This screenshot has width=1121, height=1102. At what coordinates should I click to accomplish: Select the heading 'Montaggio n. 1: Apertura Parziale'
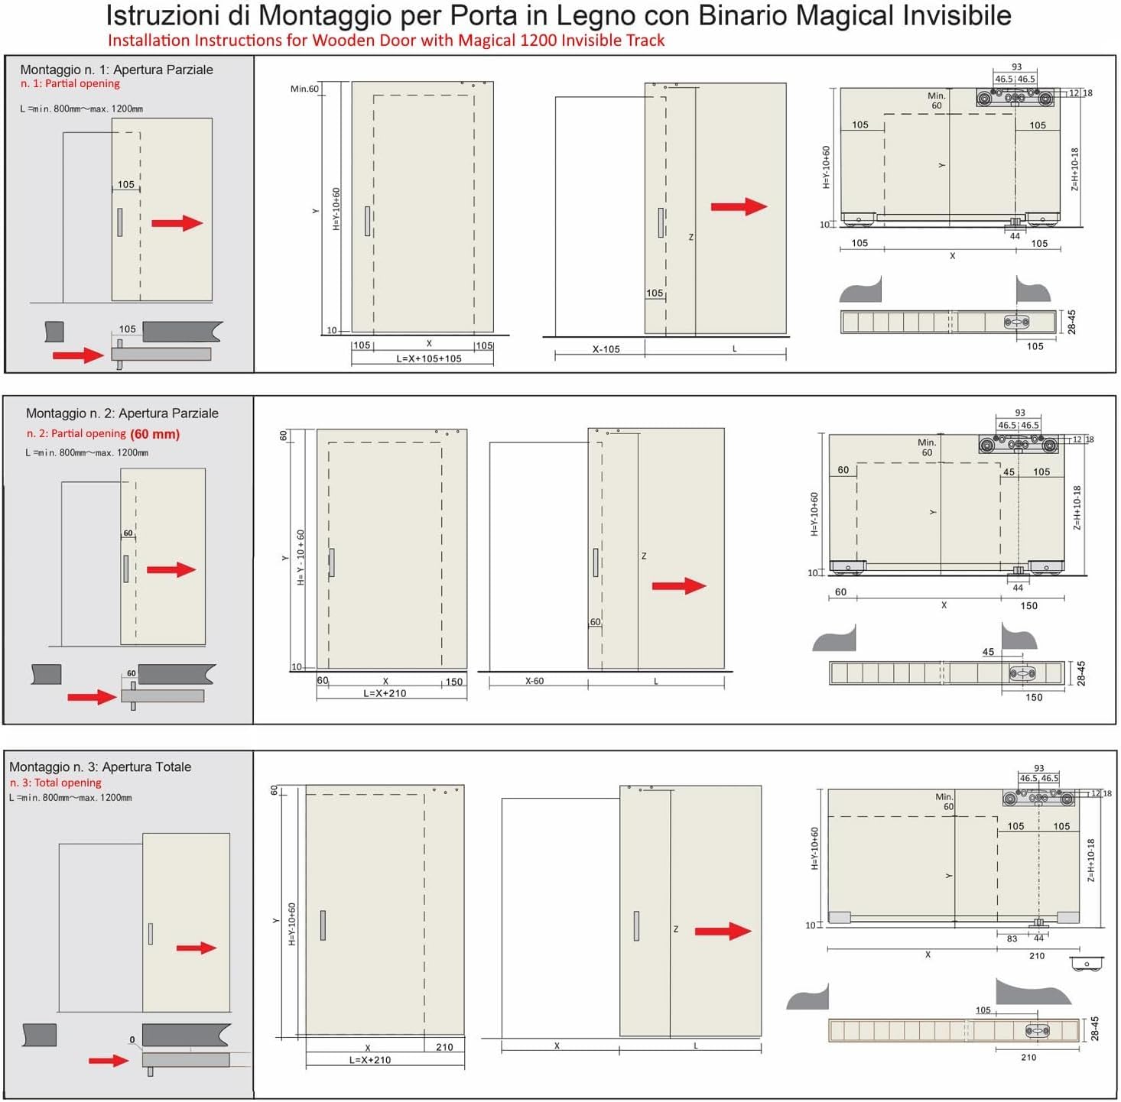click(116, 70)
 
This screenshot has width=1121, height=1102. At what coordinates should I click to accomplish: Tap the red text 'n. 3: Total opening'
click(55, 783)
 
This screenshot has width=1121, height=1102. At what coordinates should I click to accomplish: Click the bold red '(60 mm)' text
click(154, 434)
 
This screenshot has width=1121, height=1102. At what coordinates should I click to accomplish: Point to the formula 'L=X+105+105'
click(429, 359)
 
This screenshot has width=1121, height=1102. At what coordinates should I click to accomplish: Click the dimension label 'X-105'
click(606, 349)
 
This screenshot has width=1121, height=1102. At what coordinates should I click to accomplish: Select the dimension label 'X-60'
click(534, 681)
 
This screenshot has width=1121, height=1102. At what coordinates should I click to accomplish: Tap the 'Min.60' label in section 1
click(304, 89)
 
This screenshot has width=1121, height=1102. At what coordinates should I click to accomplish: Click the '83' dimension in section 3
click(1012, 938)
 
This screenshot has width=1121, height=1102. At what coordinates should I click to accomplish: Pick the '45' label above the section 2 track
click(988, 652)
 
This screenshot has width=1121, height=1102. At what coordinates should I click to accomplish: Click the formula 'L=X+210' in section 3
click(370, 1059)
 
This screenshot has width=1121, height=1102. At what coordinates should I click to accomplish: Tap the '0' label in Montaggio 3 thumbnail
click(132, 1040)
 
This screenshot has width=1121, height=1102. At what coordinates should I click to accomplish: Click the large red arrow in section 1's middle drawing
click(739, 206)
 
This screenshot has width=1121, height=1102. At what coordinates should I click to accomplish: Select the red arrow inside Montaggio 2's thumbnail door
click(171, 570)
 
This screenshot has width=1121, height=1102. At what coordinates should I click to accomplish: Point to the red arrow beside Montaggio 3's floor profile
click(109, 1061)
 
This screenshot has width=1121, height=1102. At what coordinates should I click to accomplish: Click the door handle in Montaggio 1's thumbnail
click(120, 222)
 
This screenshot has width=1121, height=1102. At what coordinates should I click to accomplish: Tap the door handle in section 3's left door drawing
click(323, 925)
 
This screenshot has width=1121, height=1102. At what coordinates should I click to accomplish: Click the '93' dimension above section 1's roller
click(1016, 67)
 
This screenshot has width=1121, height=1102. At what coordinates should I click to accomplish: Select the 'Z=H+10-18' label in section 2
click(1077, 507)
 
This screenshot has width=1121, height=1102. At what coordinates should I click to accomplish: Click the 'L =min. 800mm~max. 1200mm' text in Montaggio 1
click(82, 109)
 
